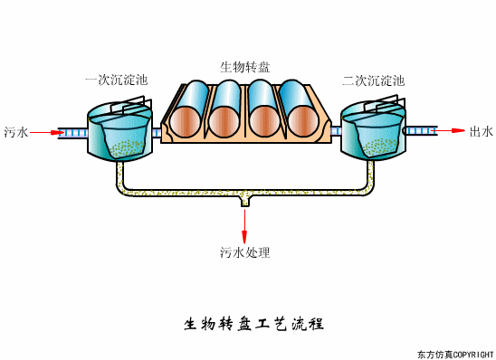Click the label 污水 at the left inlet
click(x=15, y=132)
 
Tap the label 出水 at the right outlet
click(x=481, y=132)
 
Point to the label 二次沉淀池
click(x=373, y=81)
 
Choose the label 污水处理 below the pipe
click(x=244, y=252)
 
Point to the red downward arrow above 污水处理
click(x=244, y=227)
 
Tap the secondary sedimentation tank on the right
click(x=373, y=134)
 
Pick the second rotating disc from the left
click(x=225, y=112)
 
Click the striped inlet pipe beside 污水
click(x=72, y=132)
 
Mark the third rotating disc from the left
click(x=261, y=112)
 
